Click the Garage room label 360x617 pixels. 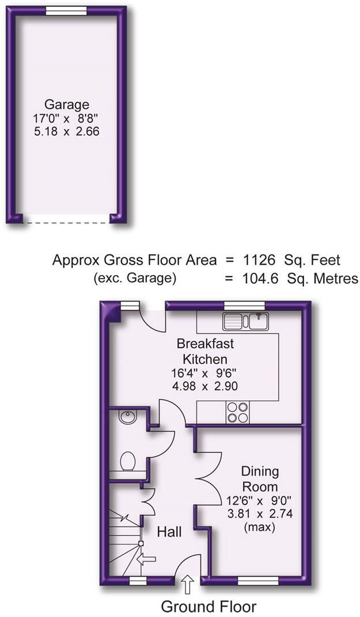67,104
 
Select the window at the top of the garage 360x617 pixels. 66,10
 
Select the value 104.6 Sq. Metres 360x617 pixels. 291,279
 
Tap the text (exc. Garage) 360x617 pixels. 134,279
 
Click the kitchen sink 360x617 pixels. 247,320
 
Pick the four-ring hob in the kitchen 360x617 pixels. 238,412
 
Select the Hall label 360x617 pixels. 169,532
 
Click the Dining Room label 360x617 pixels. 260,479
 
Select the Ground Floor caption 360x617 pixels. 209,606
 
